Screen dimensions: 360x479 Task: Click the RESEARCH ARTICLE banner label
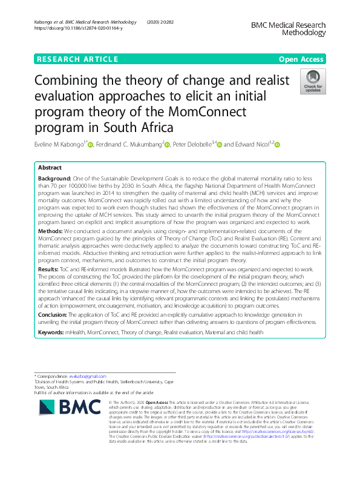coord(77,59)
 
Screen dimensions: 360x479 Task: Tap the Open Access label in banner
coord(301,59)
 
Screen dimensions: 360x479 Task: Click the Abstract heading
coord(50,168)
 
